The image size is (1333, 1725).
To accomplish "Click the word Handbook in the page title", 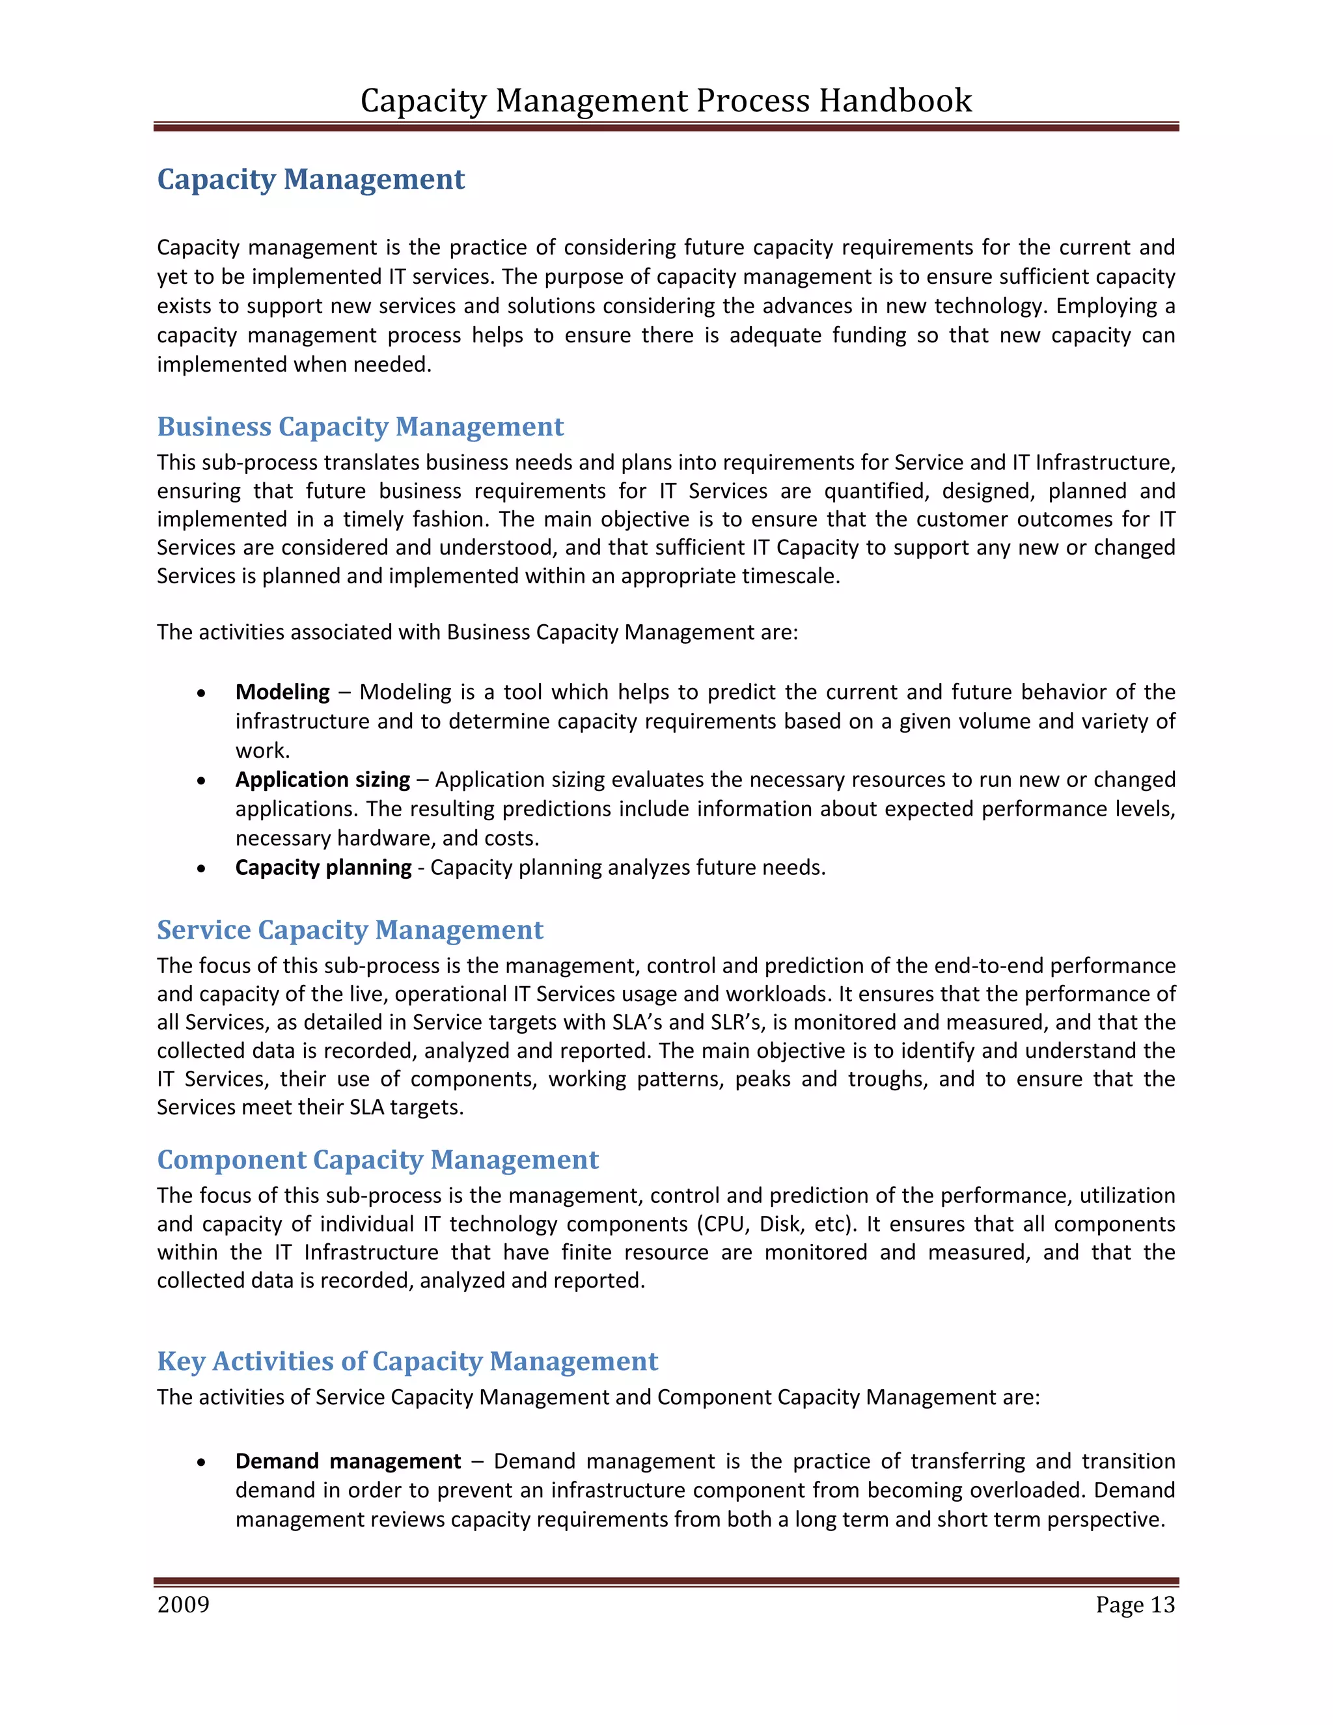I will coord(895,101).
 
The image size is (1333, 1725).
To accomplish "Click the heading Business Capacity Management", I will coord(360,426).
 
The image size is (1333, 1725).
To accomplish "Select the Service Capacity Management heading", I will coord(350,930).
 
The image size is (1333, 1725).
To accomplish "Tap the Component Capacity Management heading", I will coord(378,1159).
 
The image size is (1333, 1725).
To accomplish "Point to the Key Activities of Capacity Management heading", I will coord(407,1361).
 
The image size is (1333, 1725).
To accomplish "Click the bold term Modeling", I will coord(282,692).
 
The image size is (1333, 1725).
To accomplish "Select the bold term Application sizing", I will coord(322,780).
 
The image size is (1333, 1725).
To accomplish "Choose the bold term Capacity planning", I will coord(323,867).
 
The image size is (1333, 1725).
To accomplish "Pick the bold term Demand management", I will coord(348,1461).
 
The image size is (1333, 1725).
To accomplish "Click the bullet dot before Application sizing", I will coord(202,781).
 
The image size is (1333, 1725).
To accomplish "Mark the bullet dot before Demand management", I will coord(202,1463).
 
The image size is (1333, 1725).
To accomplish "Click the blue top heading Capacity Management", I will coord(310,179).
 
